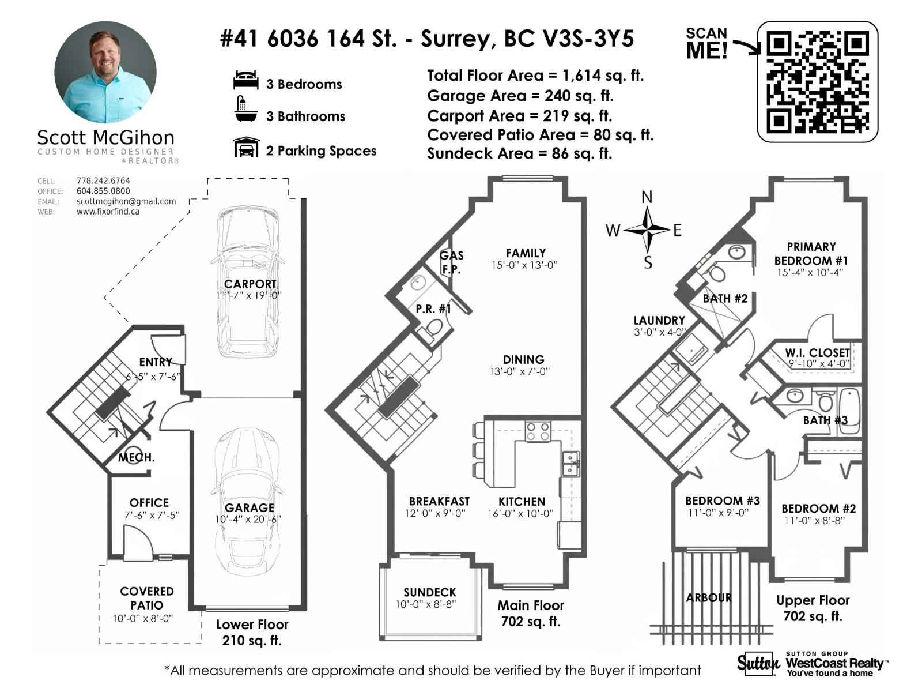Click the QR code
click(x=817, y=81)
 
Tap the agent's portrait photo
click(x=105, y=73)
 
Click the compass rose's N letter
click(x=647, y=197)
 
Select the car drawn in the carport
click(x=248, y=283)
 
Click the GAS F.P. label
click(x=451, y=262)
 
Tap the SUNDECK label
click(x=430, y=592)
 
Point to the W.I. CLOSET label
click(x=817, y=353)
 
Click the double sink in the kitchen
click(x=570, y=464)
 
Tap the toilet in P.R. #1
click(x=434, y=328)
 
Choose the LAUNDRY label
click(x=659, y=321)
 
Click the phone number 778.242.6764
click(x=103, y=180)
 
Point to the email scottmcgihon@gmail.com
click(x=126, y=201)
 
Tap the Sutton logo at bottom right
click(x=758, y=664)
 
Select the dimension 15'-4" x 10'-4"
click(x=810, y=272)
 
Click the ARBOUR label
click(x=709, y=598)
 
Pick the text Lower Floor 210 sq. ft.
click(x=252, y=633)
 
